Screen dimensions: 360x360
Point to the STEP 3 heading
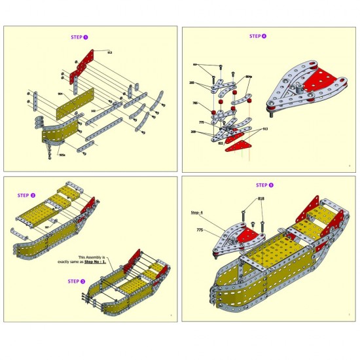(x=77, y=281)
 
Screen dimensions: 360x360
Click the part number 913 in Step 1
(x=109, y=52)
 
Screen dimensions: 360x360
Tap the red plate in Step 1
(x=85, y=62)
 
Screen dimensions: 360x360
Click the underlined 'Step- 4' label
(x=197, y=213)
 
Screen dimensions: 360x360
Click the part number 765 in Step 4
(x=194, y=103)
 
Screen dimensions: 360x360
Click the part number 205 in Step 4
(x=192, y=83)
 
